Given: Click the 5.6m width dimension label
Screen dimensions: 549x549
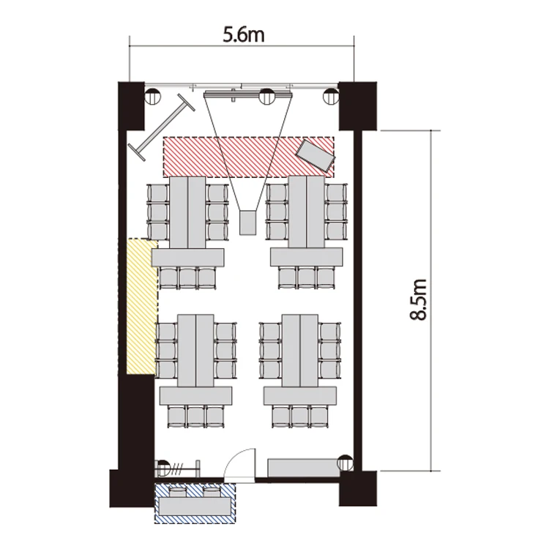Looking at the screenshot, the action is point(244,35).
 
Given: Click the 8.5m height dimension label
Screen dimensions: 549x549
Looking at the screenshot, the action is point(418,299).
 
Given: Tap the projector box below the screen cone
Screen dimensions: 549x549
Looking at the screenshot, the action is point(248,223).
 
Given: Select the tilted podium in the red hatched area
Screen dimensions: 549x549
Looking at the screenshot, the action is point(315,156).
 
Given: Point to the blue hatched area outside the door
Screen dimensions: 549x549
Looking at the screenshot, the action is point(195,504).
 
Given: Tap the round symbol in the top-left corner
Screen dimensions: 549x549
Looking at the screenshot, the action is point(153,97).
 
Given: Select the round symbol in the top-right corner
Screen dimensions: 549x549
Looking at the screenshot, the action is point(331,97).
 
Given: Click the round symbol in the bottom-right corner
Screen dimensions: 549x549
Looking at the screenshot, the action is point(345,463).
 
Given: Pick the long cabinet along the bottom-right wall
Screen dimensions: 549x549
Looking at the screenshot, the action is point(303,468).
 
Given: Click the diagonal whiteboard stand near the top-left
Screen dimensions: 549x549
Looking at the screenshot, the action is point(162,127).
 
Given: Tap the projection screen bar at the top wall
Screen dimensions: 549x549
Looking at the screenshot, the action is point(248,94).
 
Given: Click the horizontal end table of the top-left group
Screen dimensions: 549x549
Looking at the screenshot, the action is point(188,258).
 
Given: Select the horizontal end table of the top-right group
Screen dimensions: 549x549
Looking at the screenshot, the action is point(307,257).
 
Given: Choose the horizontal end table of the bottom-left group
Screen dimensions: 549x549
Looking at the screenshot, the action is point(195,396).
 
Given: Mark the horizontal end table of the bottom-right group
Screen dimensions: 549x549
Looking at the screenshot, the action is point(300,396).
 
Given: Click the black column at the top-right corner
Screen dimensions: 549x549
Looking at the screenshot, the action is point(357,105).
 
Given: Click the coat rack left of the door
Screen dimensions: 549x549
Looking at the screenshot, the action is point(177,468).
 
